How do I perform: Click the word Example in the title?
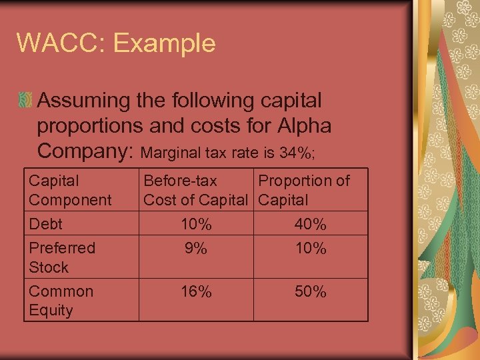pyautogui.click(x=165, y=43)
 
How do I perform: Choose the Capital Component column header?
pyautogui.click(x=70, y=190)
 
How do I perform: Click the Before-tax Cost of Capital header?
pyautogui.click(x=195, y=190)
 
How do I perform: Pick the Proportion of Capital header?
pyautogui.click(x=303, y=190)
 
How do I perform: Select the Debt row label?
pyautogui.click(x=45, y=225)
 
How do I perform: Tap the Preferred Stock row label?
pyautogui.click(x=62, y=257)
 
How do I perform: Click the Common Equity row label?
pyautogui.click(x=61, y=301)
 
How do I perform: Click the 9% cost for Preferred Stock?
pyautogui.click(x=196, y=249)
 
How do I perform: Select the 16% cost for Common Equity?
pyautogui.click(x=196, y=292)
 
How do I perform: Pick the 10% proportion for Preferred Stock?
pyautogui.click(x=310, y=249)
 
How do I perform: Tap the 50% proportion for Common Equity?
pyautogui.click(x=310, y=292)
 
